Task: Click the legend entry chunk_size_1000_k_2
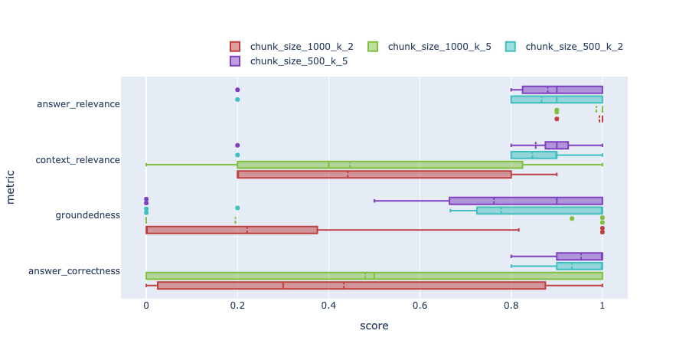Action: (291, 47)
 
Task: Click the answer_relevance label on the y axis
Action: (78, 104)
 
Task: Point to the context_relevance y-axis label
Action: (78, 160)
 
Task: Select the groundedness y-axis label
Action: (87, 215)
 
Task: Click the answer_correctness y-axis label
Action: (74, 271)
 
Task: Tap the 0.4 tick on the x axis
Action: (328, 303)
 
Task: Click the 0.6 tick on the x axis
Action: (420, 303)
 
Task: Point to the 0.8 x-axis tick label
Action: (511, 303)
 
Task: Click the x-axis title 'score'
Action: (374, 326)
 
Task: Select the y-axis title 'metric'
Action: (11, 187)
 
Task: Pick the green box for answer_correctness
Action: (374, 276)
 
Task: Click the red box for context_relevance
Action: (374, 175)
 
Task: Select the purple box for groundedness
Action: (525, 201)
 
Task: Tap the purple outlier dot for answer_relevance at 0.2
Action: (237, 90)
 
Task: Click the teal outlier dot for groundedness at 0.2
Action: (237, 208)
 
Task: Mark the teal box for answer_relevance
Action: (557, 99)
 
